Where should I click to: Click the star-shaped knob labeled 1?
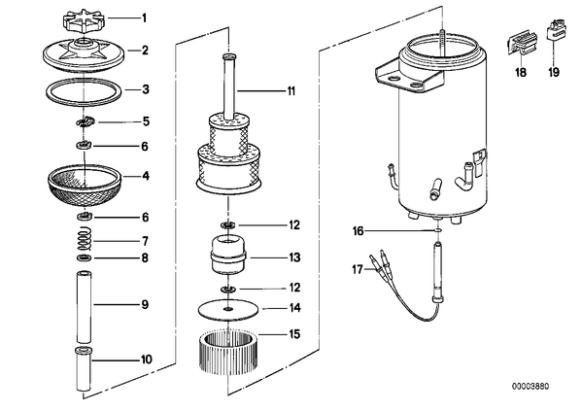[84, 21]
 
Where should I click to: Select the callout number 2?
[145, 50]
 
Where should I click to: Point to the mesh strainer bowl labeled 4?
[85, 186]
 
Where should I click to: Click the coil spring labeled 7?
[85, 240]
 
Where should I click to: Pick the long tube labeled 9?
[84, 307]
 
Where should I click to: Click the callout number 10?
[147, 360]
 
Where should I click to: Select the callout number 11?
[291, 90]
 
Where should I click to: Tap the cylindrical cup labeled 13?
[228, 256]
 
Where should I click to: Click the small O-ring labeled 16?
[438, 230]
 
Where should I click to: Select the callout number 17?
[358, 269]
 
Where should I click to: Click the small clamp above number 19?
[554, 30]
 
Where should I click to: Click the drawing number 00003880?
[530, 386]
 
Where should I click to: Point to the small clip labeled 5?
[85, 121]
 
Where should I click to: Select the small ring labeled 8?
[85, 257]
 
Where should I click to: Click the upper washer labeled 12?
[228, 225]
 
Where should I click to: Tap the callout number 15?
[294, 334]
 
